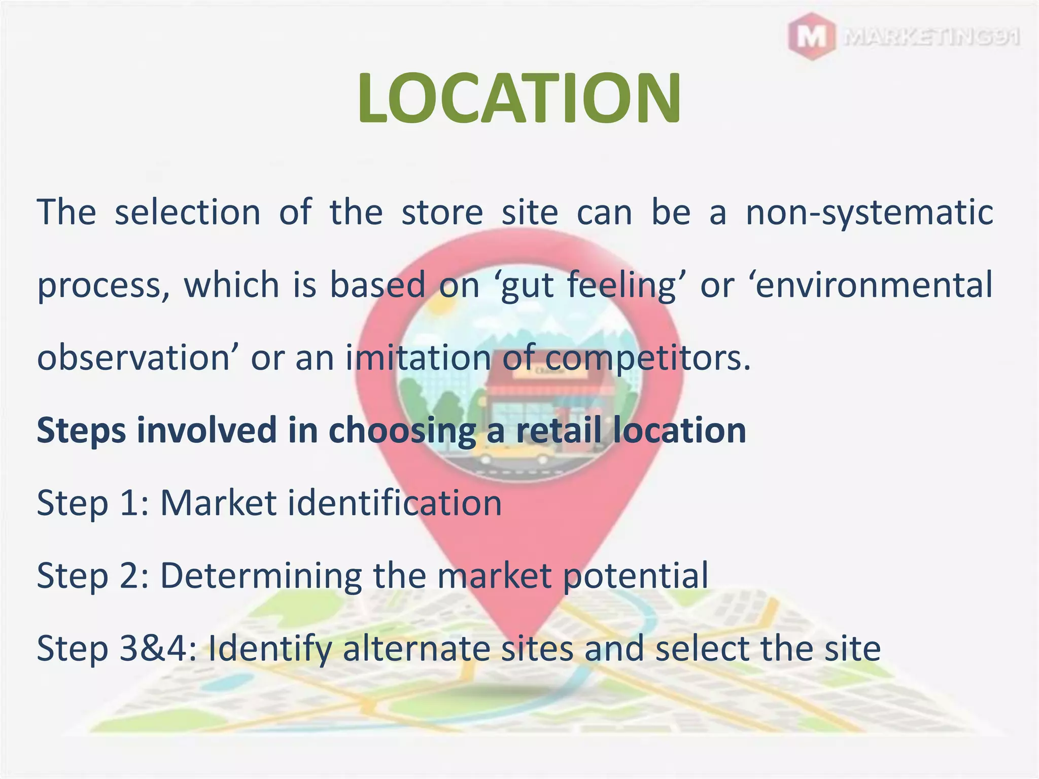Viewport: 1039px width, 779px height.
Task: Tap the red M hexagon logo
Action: pos(812,37)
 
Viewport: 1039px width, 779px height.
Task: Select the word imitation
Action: pos(418,358)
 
